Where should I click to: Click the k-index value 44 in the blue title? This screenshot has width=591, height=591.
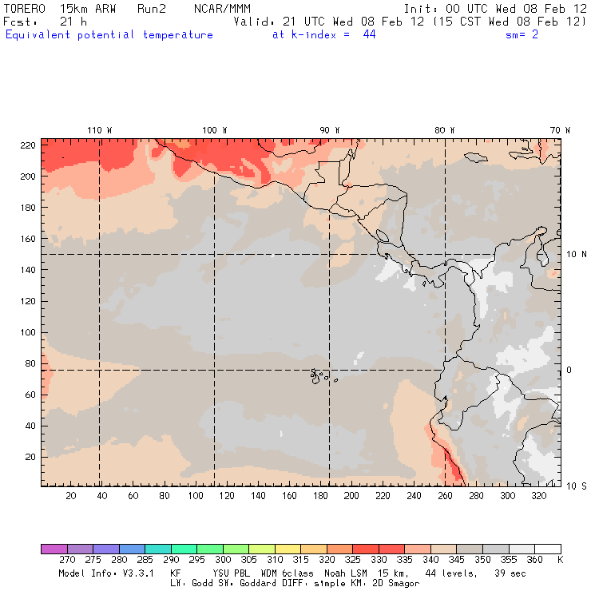click(x=368, y=35)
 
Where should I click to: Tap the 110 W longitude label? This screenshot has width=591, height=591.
click(x=99, y=130)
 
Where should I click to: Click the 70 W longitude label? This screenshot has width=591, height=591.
click(x=561, y=130)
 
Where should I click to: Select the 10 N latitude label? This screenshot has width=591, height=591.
click(x=576, y=254)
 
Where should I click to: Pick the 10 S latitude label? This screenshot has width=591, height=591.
click(x=576, y=486)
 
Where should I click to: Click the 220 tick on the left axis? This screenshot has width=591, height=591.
click(x=28, y=145)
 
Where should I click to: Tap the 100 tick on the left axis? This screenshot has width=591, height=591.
click(x=28, y=332)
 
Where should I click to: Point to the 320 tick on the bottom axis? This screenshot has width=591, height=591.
click(x=539, y=496)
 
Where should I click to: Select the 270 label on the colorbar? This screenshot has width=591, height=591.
click(x=66, y=561)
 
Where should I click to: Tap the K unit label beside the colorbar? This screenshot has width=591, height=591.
click(x=560, y=561)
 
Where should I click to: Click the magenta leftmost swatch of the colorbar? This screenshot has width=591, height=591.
click(x=53, y=549)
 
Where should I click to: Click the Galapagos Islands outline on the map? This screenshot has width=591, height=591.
click(x=319, y=374)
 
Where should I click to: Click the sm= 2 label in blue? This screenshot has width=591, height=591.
click(x=522, y=35)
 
